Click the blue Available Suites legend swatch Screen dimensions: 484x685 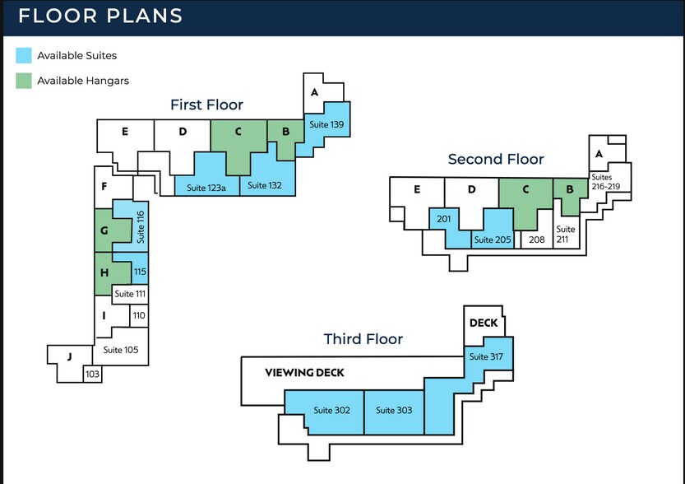click(x=24, y=55)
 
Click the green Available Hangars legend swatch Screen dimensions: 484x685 click(x=24, y=81)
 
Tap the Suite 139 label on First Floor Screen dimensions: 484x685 click(x=326, y=124)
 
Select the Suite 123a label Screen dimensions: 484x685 click(x=206, y=187)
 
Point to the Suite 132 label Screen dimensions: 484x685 click(x=265, y=186)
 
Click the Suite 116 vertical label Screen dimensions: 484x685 click(x=141, y=226)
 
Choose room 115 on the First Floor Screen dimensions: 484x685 click(x=140, y=271)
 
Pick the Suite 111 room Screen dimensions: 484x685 click(x=130, y=294)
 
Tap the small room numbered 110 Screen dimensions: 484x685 click(x=139, y=315)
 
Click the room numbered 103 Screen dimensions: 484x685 click(x=92, y=375)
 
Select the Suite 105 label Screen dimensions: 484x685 click(x=121, y=350)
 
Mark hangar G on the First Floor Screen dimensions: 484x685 click(x=104, y=230)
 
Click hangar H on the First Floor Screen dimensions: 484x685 click(x=104, y=272)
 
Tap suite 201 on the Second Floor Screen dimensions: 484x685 click(x=444, y=218)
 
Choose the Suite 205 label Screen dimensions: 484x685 click(x=492, y=240)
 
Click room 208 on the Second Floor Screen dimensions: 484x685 click(x=537, y=240)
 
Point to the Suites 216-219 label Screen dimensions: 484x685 click(x=610, y=182)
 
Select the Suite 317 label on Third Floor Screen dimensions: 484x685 click(x=485, y=357)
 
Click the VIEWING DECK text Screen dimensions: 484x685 click(x=304, y=373)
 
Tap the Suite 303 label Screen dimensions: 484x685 click(x=394, y=410)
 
